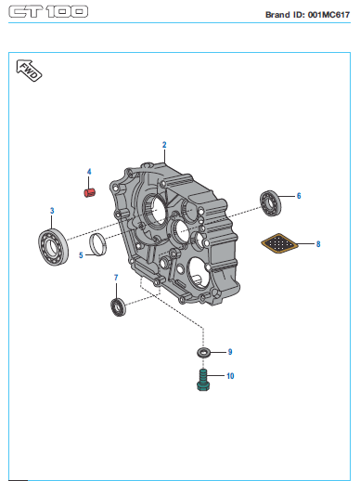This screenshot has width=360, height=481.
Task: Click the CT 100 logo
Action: (x=48, y=12)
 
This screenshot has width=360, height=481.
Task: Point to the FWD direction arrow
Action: (x=29, y=71)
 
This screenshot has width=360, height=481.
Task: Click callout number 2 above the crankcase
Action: (x=164, y=145)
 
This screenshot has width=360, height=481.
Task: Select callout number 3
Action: (x=52, y=211)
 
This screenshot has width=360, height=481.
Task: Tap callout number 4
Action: (x=89, y=172)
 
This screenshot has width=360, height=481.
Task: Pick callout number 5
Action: (x=81, y=255)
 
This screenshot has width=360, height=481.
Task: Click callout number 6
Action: (x=299, y=196)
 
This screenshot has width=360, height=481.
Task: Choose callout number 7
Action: (x=116, y=278)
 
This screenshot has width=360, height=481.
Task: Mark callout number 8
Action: (x=318, y=244)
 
